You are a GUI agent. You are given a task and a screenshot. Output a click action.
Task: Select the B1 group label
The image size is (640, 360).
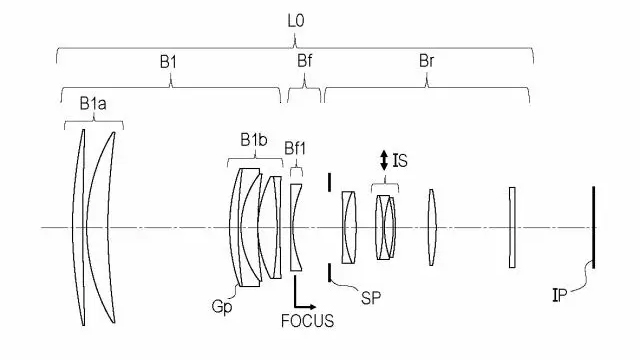point(168,59)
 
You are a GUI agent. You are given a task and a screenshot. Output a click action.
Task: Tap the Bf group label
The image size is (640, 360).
point(304,59)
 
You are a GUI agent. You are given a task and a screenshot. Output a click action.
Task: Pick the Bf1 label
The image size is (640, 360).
point(296,149)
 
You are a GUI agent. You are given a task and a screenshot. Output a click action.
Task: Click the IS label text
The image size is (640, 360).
point(399,158)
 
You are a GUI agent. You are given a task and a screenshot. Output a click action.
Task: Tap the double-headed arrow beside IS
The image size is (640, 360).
point(382,159)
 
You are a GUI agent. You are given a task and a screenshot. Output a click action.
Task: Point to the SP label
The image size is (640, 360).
point(373,297)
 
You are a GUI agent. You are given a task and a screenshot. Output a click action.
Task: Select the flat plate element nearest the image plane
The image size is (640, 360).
point(511,227)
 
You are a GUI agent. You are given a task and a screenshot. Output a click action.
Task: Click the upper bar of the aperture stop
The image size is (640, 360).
point(329,183)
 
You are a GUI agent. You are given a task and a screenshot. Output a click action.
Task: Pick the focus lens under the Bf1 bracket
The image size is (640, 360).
point(296,227)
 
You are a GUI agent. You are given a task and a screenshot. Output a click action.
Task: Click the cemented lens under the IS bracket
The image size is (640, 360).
point(385,227)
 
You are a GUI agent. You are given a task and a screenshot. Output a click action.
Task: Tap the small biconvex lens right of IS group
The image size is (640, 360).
point(432,227)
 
